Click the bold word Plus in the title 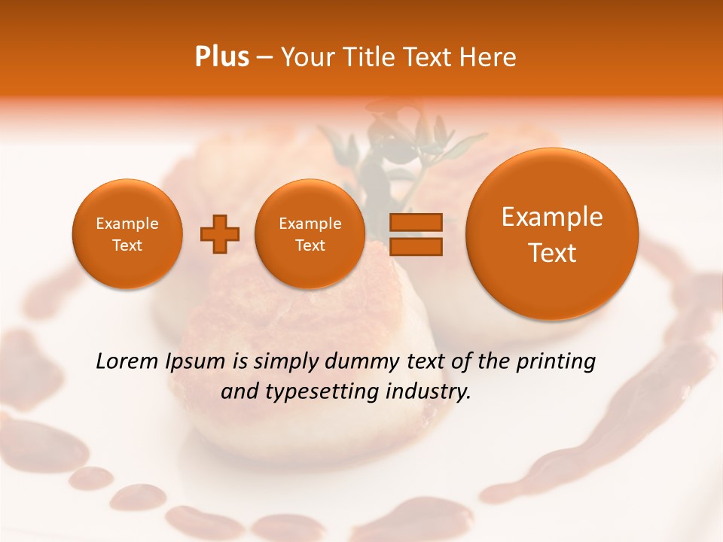[221, 56]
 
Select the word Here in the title [489, 56]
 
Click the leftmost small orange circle [127, 234]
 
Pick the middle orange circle [310, 234]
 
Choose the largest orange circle [552, 234]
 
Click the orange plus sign [220, 234]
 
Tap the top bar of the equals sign [415, 222]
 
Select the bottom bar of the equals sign [415, 246]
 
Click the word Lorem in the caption [127, 361]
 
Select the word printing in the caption [556, 362]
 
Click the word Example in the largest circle [552, 217]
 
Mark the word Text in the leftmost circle [127, 245]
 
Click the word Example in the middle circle [310, 224]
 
